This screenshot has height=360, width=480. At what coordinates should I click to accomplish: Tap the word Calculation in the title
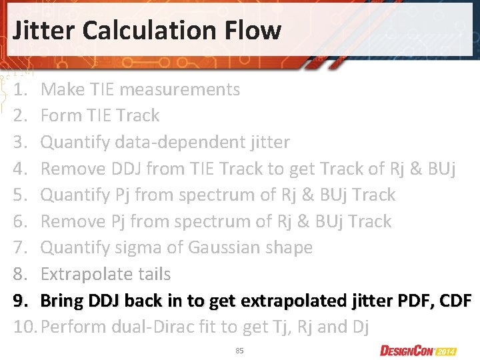(x=158, y=30)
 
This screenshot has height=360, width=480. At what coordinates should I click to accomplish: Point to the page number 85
(x=239, y=350)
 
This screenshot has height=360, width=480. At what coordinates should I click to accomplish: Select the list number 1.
(x=20, y=89)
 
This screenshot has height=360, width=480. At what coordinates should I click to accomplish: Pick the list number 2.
(x=20, y=115)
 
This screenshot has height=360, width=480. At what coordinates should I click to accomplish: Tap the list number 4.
(x=20, y=169)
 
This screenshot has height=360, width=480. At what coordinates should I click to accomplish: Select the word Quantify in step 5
(x=73, y=195)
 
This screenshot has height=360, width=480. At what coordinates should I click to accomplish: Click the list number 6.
(x=20, y=221)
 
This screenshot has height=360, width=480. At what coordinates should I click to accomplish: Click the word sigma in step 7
(x=139, y=247)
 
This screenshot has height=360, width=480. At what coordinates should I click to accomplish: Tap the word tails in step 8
(x=152, y=274)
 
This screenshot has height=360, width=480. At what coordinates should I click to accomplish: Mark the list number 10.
(x=23, y=327)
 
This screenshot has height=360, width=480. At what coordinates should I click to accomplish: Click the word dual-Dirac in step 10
(x=161, y=327)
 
